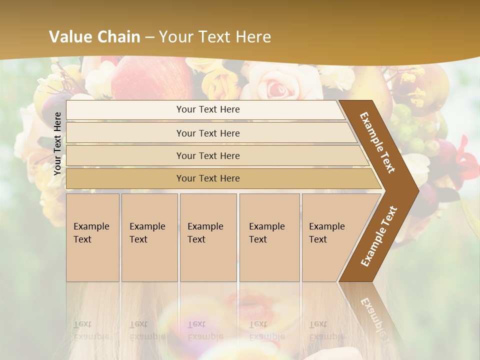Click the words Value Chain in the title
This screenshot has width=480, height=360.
click(x=94, y=37)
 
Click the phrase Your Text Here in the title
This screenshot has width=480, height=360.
click(x=215, y=37)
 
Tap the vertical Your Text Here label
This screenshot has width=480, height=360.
click(x=57, y=143)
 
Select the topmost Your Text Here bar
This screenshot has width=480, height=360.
click(x=208, y=109)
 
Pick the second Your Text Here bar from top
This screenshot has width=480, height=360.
click(x=208, y=133)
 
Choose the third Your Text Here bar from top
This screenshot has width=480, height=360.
click(x=208, y=155)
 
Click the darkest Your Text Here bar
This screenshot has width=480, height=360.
click(x=208, y=178)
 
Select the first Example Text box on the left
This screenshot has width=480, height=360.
click(x=92, y=237)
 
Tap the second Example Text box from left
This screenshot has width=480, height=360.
click(x=149, y=237)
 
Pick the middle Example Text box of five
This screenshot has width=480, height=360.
click(x=208, y=237)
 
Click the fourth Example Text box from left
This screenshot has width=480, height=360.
click(x=269, y=237)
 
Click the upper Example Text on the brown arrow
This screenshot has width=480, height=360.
click(x=378, y=142)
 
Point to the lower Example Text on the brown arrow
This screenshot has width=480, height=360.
click(x=379, y=236)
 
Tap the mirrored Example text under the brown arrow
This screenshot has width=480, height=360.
click(x=372, y=315)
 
